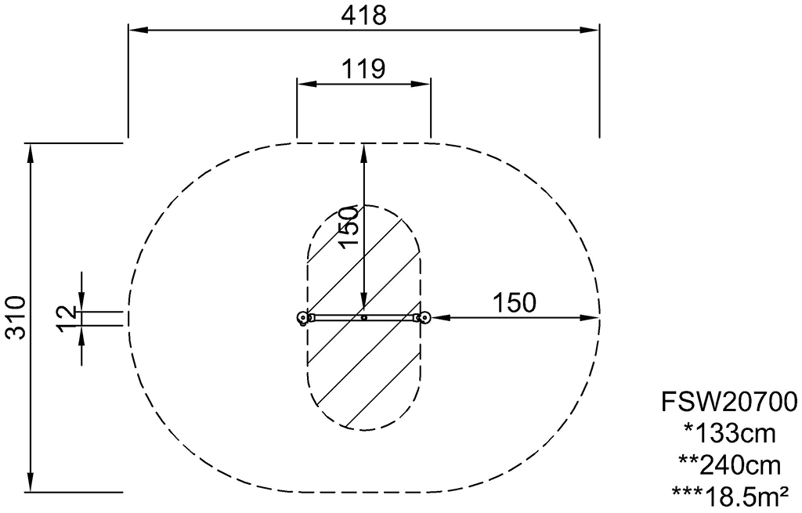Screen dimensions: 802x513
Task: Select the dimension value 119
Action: [363, 69]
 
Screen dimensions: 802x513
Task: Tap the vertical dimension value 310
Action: [16, 317]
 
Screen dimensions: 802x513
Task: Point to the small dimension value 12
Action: [66, 319]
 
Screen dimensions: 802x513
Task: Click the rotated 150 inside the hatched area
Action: [350, 227]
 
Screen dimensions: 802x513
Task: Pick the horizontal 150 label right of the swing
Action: [515, 303]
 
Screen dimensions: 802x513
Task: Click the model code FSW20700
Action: [729, 402]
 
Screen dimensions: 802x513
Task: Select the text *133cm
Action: [729, 434]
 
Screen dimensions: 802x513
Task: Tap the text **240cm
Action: [729, 465]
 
